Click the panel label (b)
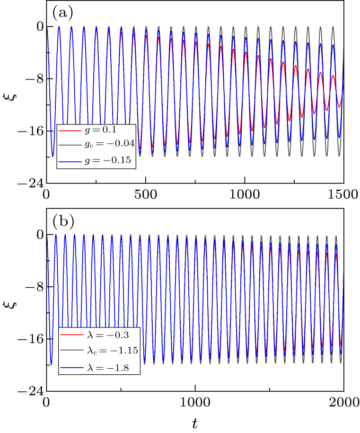click(62, 221)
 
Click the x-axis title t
click(195, 423)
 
